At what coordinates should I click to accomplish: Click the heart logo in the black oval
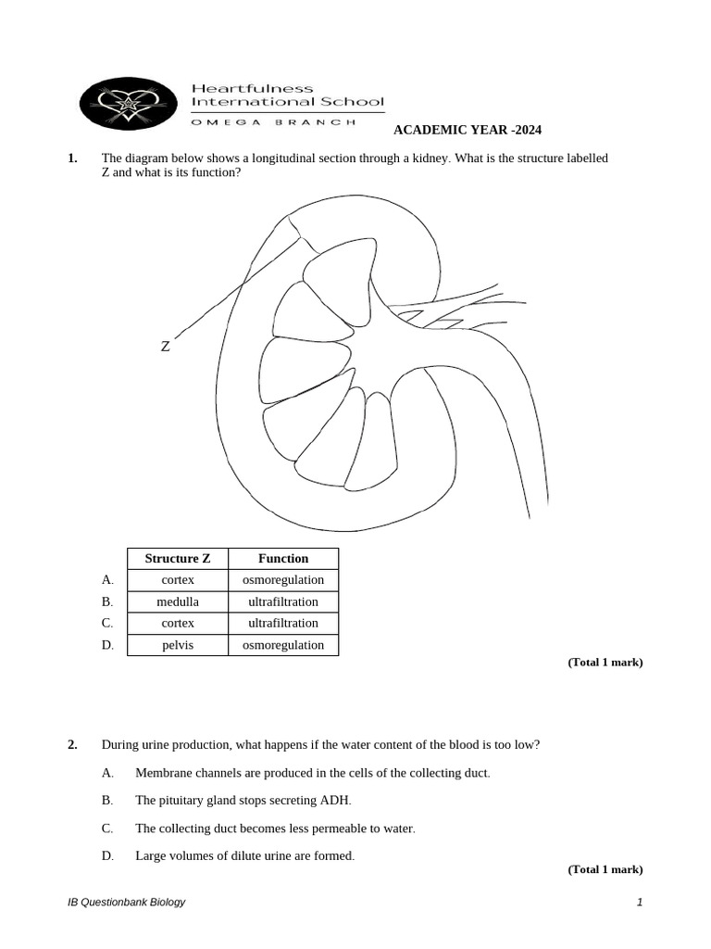[128, 103]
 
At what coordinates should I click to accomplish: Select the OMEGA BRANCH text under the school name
[273, 121]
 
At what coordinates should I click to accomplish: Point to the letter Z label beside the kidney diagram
[165, 347]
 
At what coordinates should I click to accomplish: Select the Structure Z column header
[178, 559]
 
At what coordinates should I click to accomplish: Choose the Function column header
[283, 559]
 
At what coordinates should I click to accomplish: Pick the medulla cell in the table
[178, 601]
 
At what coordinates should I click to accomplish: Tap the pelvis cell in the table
[178, 645]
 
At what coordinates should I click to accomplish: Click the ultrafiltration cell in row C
[283, 623]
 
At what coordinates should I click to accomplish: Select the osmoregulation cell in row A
[283, 580]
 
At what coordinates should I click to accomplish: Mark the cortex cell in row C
[178, 623]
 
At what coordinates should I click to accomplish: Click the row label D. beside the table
[107, 645]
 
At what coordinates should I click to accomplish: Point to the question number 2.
[72, 745]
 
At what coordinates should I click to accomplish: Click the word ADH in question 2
[337, 801]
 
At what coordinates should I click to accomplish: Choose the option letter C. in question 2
[107, 829]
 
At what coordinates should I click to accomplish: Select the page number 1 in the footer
[639, 903]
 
